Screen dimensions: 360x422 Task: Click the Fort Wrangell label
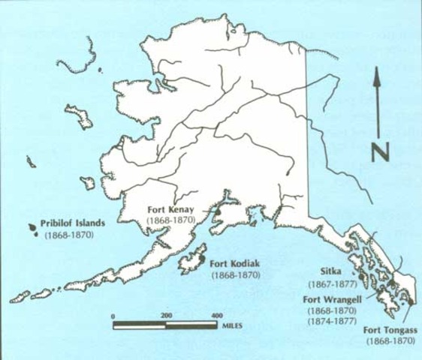pyautogui.click(x=330, y=298)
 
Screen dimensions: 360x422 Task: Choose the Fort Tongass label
pyautogui.click(x=391, y=330)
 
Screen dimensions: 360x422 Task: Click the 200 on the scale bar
pyautogui.click(x=167, y=316)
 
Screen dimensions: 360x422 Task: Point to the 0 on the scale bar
pyautogui.click(x=113, y=316)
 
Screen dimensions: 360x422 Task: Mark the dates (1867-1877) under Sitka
pyautogui.click(x=331, y=285)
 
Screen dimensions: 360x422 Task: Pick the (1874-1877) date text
pyautogui.click(x=330, y=319)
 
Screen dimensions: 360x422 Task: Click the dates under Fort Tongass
pyautogui.click(x=390, y=341)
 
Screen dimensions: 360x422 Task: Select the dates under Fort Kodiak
pyautogui.click(x=235, y=275)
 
